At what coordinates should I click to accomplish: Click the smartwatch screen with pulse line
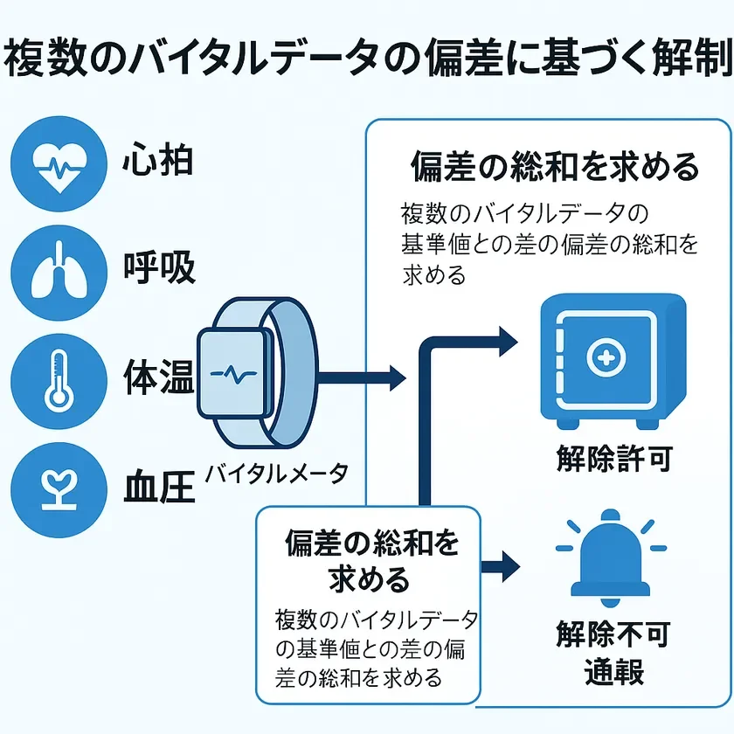[x=234, y=371]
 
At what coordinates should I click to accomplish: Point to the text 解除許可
[x=614, y=460]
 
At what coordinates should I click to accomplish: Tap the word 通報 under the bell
[x=614, y=672]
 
